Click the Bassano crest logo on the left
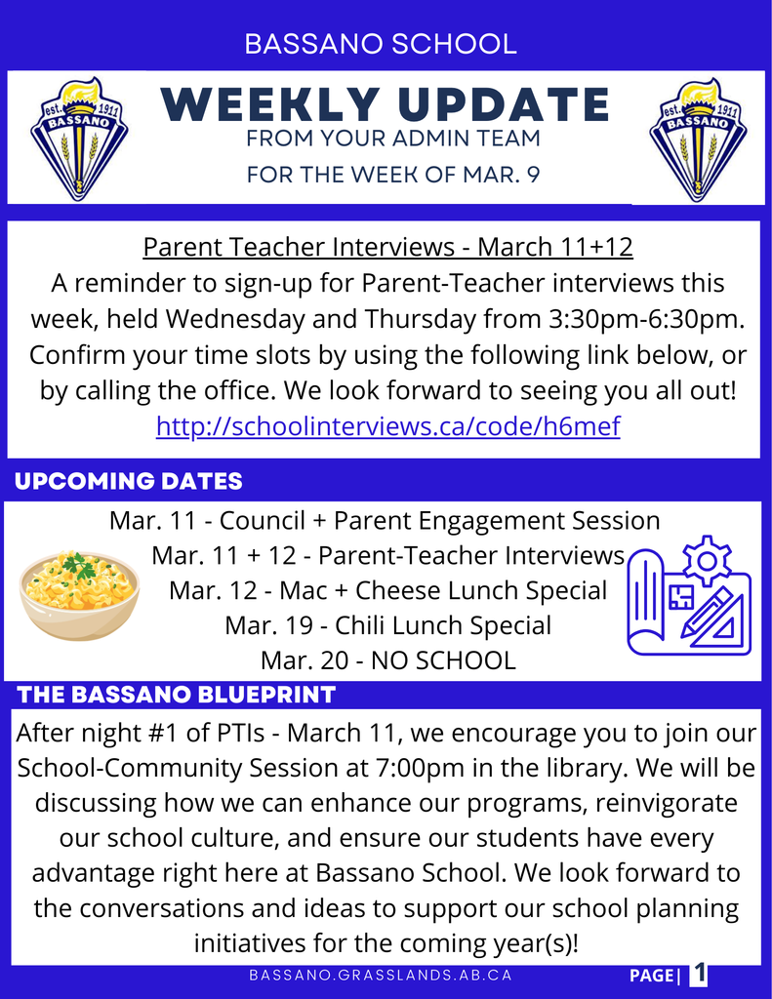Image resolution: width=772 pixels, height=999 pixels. coord(79,138)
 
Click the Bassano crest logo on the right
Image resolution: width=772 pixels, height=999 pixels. coord(697,138)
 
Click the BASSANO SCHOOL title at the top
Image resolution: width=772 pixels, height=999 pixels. coord(381,44)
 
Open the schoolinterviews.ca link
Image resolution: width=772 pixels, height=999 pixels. coord(387,426)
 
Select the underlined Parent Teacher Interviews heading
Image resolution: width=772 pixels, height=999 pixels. coord(387,247)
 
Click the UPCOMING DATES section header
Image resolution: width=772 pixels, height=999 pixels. coord(129,481)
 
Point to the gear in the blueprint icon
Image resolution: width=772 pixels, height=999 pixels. coord(707,560)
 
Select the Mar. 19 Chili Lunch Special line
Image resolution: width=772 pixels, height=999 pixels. coord(387,625)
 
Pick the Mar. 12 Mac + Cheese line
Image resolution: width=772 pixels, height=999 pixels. coord(387,590)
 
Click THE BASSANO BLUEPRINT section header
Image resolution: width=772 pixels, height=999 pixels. coord(177,695)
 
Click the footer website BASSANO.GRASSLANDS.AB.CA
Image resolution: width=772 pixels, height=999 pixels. coord(380,976)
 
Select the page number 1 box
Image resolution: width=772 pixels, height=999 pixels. coord(699,975)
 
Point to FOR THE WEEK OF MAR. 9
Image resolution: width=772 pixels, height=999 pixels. coord(392,176)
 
